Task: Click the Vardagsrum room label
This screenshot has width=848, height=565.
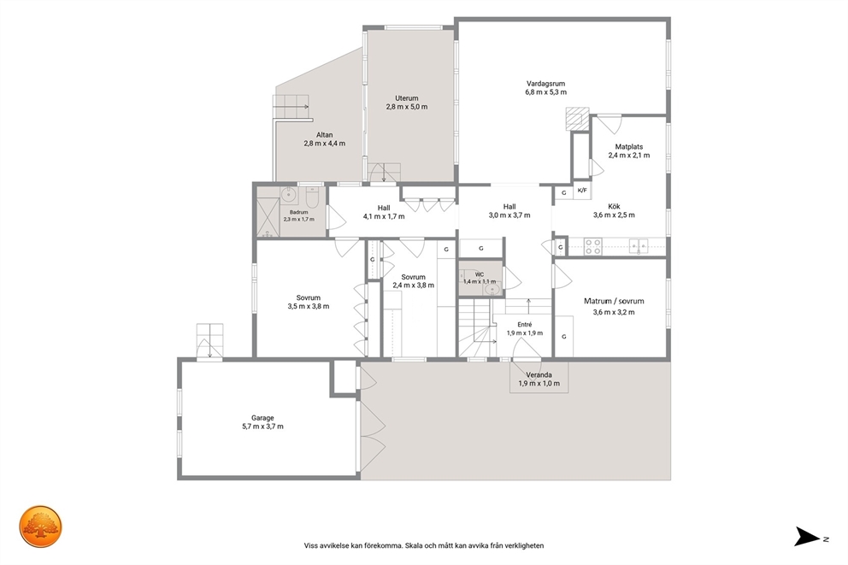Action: tap(545, 84)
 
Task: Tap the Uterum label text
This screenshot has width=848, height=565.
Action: tap(407, 98)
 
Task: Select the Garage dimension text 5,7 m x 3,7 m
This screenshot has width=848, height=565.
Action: tap(262, 427)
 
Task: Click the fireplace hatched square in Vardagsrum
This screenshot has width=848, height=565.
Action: tap(577, 119)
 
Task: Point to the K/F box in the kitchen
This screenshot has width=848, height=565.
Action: tap(582, 191)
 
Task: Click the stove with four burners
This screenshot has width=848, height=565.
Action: tap(592, 246)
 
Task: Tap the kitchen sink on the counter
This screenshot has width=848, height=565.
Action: tap(639, 246)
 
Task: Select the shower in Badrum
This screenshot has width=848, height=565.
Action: tap(268, 212)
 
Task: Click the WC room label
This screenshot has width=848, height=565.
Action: tap(480, 274)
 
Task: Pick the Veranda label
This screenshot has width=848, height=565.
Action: tap(539, 374)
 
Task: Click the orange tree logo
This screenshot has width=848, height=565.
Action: tap(41, 527)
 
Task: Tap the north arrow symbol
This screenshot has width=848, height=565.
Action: tap(807, 536)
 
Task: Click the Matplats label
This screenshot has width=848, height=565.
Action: tap(629, 146)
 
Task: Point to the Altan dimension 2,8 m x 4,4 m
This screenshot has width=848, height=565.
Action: tap(325, 144)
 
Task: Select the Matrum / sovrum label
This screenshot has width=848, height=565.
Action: tap(614, 301)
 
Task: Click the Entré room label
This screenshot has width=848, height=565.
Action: tap(525, 325)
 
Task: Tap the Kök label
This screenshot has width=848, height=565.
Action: tap(614, 206)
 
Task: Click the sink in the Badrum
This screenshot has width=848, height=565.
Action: tap(289, 193)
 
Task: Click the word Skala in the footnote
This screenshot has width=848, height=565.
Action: tap(414, 545)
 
